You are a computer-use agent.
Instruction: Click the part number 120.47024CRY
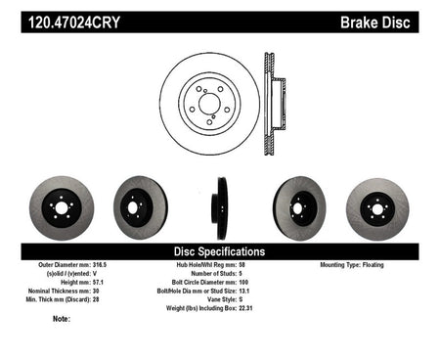(74, 22)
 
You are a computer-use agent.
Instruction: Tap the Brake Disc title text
(375, 22)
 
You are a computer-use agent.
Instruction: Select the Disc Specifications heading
(219, 251)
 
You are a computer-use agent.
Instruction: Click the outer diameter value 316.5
(100, 265)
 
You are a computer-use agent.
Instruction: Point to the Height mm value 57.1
(98, 283)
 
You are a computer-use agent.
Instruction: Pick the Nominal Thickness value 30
(96, 291)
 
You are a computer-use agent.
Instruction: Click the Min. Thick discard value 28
(96, 299)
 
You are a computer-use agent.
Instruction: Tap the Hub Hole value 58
(242, 265)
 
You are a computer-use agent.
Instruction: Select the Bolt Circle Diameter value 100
(243, 283)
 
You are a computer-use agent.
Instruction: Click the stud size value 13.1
(244, 291)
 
